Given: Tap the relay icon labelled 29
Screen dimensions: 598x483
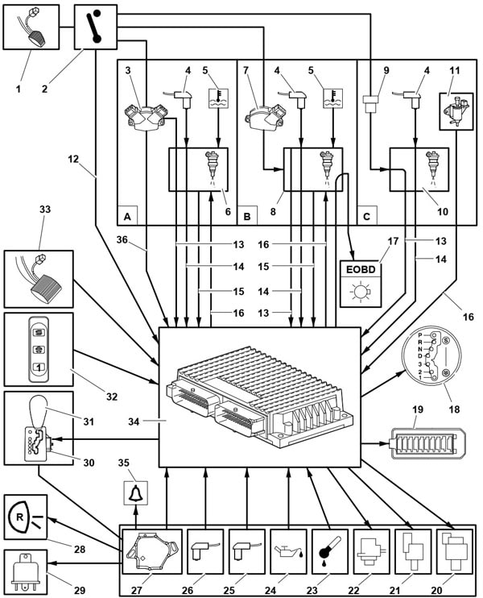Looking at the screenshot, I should coord(26,568).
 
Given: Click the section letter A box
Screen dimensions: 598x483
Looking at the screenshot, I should coord(127,216).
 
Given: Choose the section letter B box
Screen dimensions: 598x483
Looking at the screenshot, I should coord(247,216).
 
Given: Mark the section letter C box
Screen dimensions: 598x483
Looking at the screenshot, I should coord(367,216).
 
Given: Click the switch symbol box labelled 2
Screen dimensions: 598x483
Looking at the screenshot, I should coord(94,25).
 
